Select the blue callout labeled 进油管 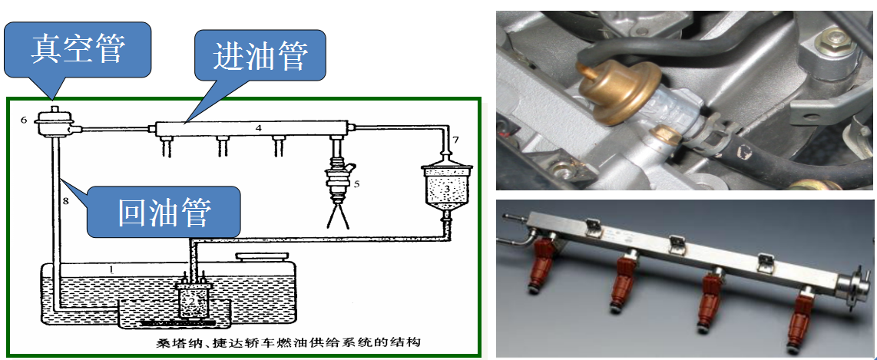coord(260,57)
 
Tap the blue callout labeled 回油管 coord(164,211)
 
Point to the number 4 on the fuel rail coord(258,127)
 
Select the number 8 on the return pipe coord(65,200)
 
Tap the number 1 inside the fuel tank coord(111,269)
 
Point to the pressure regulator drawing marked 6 coord(54,121)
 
